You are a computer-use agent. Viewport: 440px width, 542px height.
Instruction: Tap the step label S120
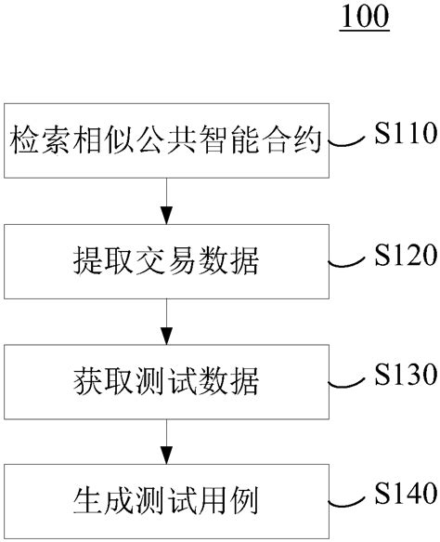pyautogui.click(x=405, y=254)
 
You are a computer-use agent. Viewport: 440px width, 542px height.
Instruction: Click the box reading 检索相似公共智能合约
pyautogui.click(x=167, y=143)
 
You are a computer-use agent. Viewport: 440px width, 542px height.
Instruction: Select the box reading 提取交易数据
pyautogui.click(x=167, y=262)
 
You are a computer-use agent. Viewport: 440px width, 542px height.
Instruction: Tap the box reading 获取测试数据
pyautogui.click(x=167, y=381)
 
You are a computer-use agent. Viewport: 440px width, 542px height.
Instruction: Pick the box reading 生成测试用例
pyautogui.click(x=167, y=499)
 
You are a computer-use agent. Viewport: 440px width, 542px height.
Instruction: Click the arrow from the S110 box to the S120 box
pyautogui.click(x=167, y=201)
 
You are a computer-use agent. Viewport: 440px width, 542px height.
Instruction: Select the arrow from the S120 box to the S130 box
pyautogui.click(x=167, y=320)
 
